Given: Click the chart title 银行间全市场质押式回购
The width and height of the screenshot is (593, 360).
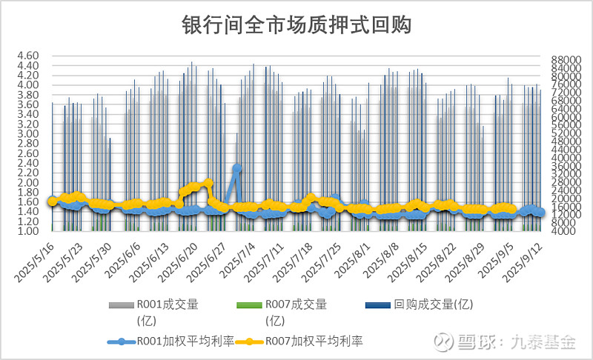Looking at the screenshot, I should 296,24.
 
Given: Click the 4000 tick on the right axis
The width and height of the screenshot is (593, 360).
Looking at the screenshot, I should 562,231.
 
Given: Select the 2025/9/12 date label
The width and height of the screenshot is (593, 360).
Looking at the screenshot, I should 523,259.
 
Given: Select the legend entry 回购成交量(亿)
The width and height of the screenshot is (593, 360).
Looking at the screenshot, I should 434,304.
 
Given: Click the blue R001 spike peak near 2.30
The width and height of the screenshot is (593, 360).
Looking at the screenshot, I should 237,168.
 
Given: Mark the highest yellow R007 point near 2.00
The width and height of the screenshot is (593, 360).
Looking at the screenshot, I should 208,182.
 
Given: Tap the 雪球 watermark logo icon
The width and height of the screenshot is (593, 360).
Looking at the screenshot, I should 444,341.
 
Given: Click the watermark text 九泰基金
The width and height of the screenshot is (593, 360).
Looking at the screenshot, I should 547,341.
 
